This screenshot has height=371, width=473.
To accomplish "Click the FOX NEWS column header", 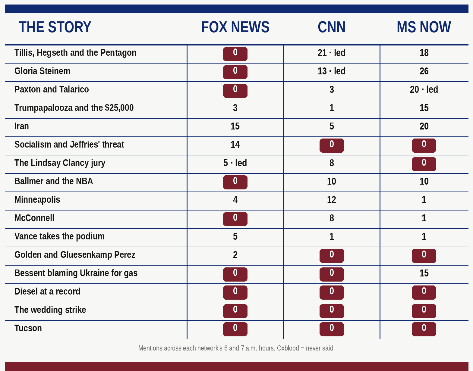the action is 235,27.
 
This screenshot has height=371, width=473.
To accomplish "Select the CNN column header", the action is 332,27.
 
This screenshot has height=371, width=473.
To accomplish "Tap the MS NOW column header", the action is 424,27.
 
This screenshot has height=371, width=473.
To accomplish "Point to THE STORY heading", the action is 55,27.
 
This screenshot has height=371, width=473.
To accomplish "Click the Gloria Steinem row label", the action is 42,71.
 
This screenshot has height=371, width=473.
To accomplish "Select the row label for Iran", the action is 21,126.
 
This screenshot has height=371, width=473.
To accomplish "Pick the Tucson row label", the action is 28,328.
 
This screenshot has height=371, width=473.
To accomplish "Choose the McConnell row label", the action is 34,218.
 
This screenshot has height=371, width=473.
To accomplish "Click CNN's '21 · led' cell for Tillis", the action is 332,53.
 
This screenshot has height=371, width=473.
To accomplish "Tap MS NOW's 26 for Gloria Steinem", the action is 424,71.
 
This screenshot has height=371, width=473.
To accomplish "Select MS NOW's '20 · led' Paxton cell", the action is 424,89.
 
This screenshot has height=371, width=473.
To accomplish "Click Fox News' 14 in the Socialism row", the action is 235,145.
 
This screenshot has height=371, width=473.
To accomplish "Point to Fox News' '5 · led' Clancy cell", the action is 235,163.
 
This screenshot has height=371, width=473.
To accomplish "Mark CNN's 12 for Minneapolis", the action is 332,200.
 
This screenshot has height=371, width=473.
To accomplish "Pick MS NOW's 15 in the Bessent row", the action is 424,273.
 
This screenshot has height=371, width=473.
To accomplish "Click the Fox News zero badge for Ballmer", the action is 235,182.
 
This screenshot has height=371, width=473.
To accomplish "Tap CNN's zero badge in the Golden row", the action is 332,256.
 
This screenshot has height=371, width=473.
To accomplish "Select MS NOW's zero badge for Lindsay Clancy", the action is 424,164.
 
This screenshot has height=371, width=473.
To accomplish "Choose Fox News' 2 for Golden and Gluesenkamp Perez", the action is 235,255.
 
